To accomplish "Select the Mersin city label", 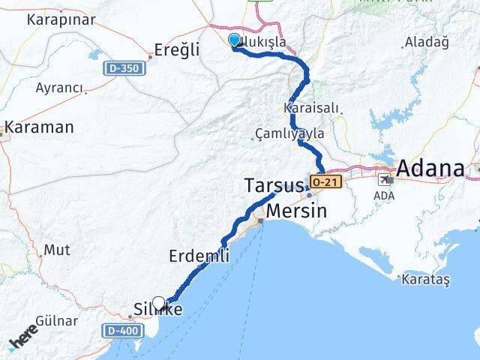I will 297,211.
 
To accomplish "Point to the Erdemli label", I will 199,256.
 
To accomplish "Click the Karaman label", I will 40,127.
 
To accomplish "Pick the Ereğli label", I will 176,50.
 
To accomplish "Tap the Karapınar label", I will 58,19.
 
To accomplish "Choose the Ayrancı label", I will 59,88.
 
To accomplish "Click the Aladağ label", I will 426,43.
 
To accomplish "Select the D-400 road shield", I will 120,330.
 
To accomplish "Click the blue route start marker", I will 234,40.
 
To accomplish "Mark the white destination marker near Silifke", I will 158,303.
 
